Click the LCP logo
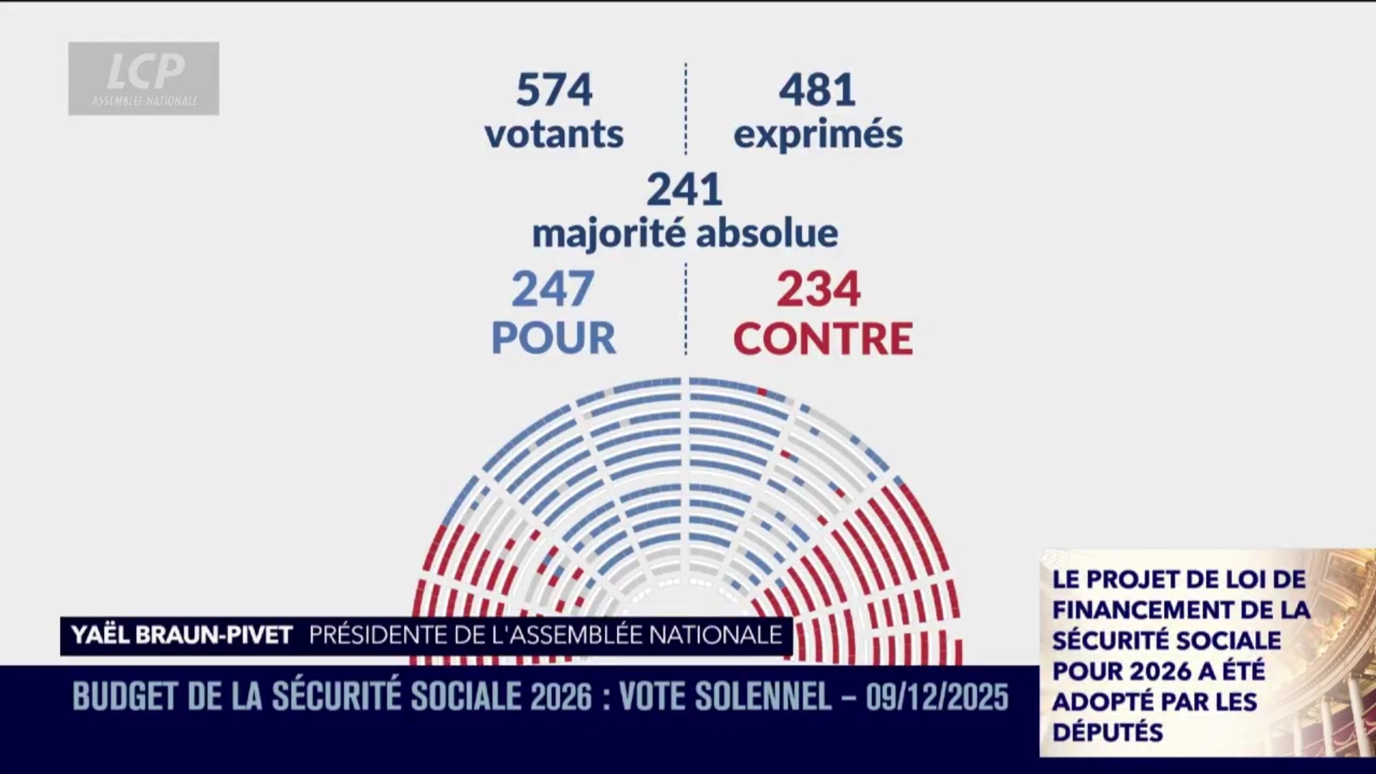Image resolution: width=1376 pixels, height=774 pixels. coord(144,77)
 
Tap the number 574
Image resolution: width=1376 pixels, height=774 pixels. coord(554,90)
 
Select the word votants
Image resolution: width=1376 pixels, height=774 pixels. coord(554,134)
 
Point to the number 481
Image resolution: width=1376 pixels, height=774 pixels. coord(817,90)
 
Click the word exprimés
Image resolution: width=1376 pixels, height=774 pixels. coord(818,135)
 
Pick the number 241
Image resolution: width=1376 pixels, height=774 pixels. coord(684,189)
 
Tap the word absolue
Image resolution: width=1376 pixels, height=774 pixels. coord(767,233)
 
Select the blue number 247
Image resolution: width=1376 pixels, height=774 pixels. coord(553,288)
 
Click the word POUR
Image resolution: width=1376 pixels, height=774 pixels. coord(553,337)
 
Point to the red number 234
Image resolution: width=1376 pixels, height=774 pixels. coord(818,288)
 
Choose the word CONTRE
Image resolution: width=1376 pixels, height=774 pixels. coord(823,338)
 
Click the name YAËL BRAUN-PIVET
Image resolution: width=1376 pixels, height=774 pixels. coord(182,635)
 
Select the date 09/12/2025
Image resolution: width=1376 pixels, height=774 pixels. coord(937,697)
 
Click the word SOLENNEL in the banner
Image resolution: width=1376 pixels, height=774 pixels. coord(725,697)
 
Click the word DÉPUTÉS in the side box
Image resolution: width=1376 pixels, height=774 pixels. coord(1107,732)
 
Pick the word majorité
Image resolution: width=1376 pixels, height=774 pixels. coord(609,233)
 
